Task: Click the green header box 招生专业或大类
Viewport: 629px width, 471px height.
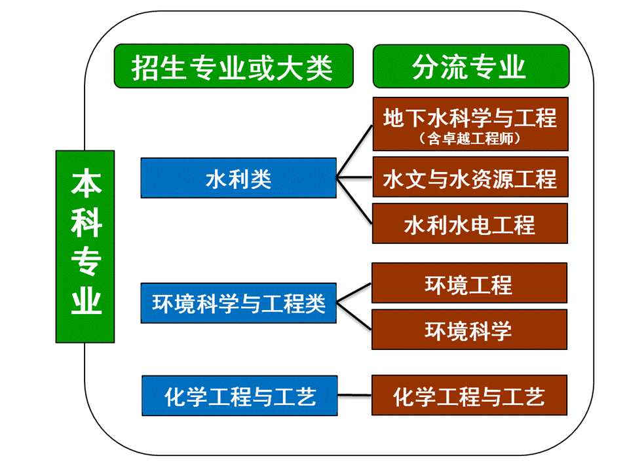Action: tap(233, 66)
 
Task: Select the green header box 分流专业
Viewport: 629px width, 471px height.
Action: tap(471, 66)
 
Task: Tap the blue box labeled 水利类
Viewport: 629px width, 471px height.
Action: tap(238, 178)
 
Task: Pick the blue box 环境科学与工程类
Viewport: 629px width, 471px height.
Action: tap(238, 303)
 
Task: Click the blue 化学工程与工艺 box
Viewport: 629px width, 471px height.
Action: tap(240, 396)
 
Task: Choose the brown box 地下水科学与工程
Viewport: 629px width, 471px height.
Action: tap(470, 124)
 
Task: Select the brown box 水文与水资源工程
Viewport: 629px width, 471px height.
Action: tap(470, 177)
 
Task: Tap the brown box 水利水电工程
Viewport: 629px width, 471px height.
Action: tap(470, 224)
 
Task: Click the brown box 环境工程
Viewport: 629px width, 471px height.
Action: tap(469, 283)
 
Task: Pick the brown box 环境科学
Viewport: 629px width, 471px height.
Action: tap(469, 329)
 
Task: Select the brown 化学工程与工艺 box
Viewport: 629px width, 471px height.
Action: tap(469, 395)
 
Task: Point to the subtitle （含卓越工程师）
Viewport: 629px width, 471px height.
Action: tap(470, 139)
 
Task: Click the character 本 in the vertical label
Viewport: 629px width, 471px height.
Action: tap(86, 183)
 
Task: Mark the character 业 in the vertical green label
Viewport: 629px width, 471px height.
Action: tap(86, 300)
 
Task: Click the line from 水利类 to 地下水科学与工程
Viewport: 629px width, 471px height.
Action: tap(354, 151)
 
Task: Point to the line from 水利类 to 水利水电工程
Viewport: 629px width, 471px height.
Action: tap(354, 200)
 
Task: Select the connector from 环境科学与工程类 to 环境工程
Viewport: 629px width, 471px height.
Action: tap(354, 293)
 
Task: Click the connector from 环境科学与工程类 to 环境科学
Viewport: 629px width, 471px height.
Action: tap(354, 316)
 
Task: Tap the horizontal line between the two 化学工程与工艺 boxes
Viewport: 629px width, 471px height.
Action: tap(354, 395)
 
